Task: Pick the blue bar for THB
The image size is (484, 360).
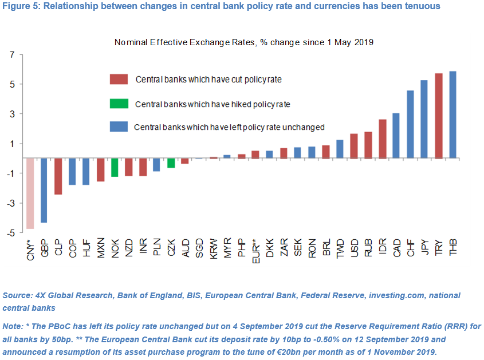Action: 452,114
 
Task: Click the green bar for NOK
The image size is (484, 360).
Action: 115,167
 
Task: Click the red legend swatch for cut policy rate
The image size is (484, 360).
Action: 119,79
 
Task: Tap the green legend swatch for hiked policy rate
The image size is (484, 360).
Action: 119,104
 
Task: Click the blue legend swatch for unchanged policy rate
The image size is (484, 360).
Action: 119,127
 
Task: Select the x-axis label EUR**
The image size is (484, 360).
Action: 256,251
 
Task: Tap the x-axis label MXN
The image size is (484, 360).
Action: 101,248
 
